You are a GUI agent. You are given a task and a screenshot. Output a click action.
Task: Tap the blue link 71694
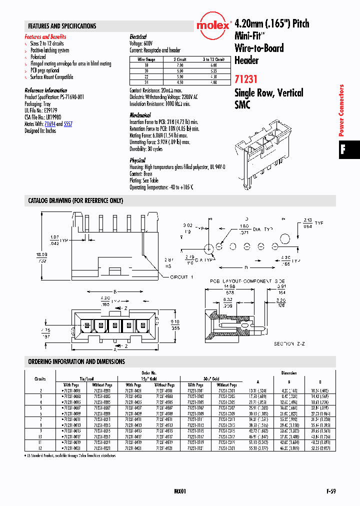pyautogui.click(x=50, y=123)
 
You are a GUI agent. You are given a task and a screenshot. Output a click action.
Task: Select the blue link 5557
pyautogui.click(x=68, y=123)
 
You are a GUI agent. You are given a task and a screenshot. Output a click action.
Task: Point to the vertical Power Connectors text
pyautogui.click(x=342, y=110)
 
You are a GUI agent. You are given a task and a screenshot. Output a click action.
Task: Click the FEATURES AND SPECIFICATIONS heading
pyautogui.click(x=62, y=26)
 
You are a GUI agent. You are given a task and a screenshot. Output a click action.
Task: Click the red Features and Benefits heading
pyautogui.click(x=45, y=37)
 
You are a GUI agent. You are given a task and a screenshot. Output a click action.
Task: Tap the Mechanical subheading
pyautogui.click(x=140, y=115)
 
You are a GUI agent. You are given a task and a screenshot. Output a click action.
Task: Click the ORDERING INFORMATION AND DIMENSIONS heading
pyautogui.click(x=76, y=361)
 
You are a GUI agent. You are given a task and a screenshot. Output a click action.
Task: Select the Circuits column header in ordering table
pyautogui.click(x=40, y=379)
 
